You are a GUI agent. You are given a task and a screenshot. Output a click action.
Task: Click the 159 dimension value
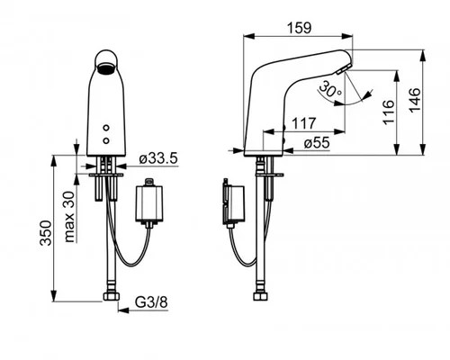(300, 28)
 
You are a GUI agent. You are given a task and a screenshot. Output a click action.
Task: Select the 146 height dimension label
(415, 100)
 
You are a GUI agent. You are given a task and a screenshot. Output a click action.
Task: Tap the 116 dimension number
(389, 112)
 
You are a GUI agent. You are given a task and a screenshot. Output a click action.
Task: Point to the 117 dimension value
(303, 123)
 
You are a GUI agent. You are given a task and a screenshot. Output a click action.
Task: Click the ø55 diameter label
(317, 143)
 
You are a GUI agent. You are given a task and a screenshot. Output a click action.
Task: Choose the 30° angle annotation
(329, 89)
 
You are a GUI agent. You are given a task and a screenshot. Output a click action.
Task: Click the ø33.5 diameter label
(158, 158)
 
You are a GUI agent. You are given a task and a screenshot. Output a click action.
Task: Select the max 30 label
(69, 217)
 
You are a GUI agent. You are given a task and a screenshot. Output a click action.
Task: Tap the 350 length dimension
(46, 233)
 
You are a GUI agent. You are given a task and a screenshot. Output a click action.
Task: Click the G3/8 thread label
(151, 302)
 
